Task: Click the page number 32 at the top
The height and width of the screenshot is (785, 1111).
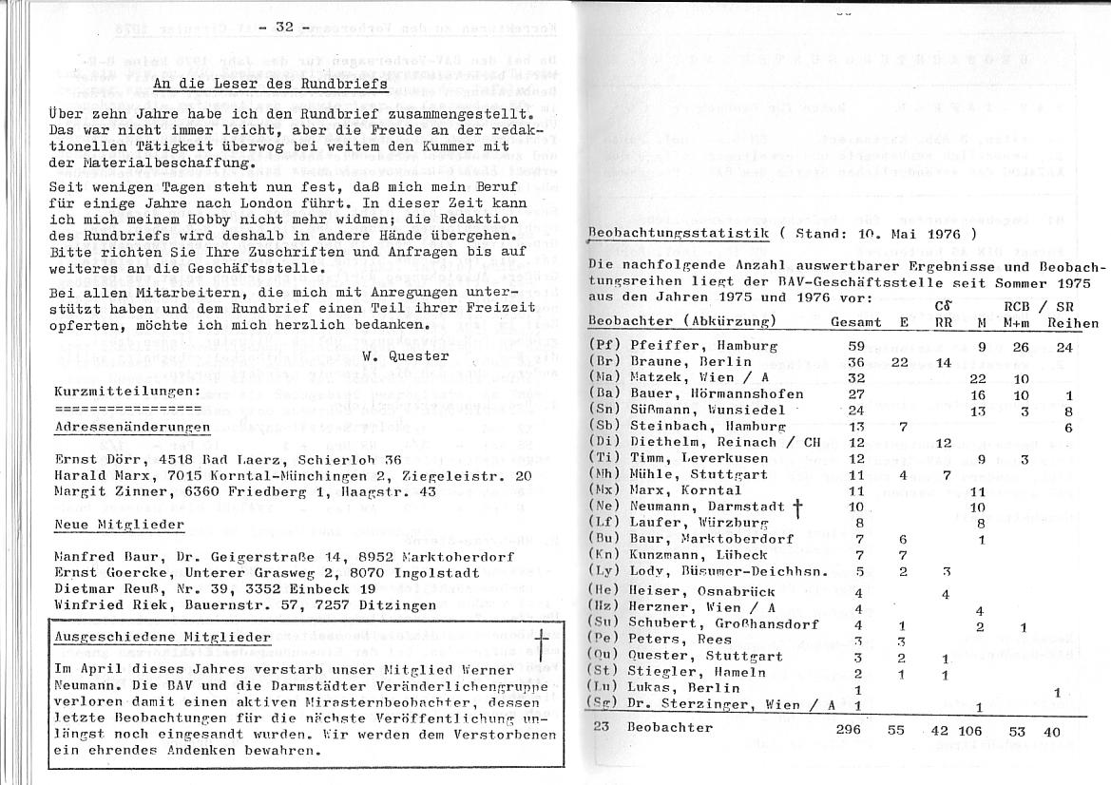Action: coord(284,27)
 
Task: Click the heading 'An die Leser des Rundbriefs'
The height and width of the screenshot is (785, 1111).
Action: coord(270,84)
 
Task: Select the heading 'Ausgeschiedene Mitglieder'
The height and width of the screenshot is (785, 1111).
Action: coord(162,637)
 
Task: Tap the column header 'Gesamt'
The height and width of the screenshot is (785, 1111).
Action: coord(853,323)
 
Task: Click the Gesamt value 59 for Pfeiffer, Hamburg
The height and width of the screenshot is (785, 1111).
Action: coord(855,347)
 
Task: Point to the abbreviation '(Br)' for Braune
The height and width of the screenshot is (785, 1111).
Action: coord(604,362)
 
